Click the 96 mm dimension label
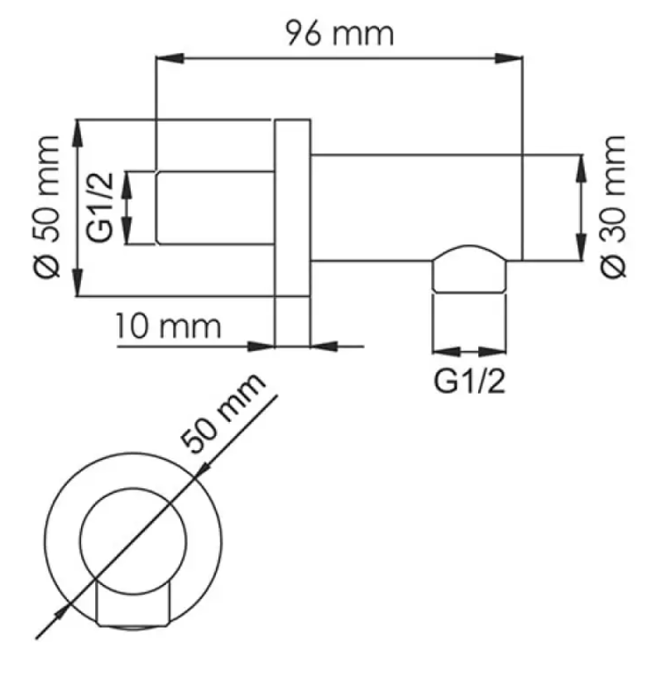point(340,33)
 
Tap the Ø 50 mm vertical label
point(46,208)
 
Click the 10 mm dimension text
point(168,326)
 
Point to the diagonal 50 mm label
point(223,414)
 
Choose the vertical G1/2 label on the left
point(100,208)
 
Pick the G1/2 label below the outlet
point(470,381)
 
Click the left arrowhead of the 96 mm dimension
point(169,58)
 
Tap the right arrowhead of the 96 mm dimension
point(509,58)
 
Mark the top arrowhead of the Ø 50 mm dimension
point(77,133)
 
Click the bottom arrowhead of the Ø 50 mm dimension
point(77,282)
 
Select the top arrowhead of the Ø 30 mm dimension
point(581,168)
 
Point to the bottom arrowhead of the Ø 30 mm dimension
point(581,247)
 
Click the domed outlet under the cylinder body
point(469,269)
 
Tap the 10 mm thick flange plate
point(292,208)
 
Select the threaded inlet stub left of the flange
point(215,208)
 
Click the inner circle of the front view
point(133,491)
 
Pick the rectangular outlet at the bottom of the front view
point(132,604)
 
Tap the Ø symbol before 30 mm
point(613,265)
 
